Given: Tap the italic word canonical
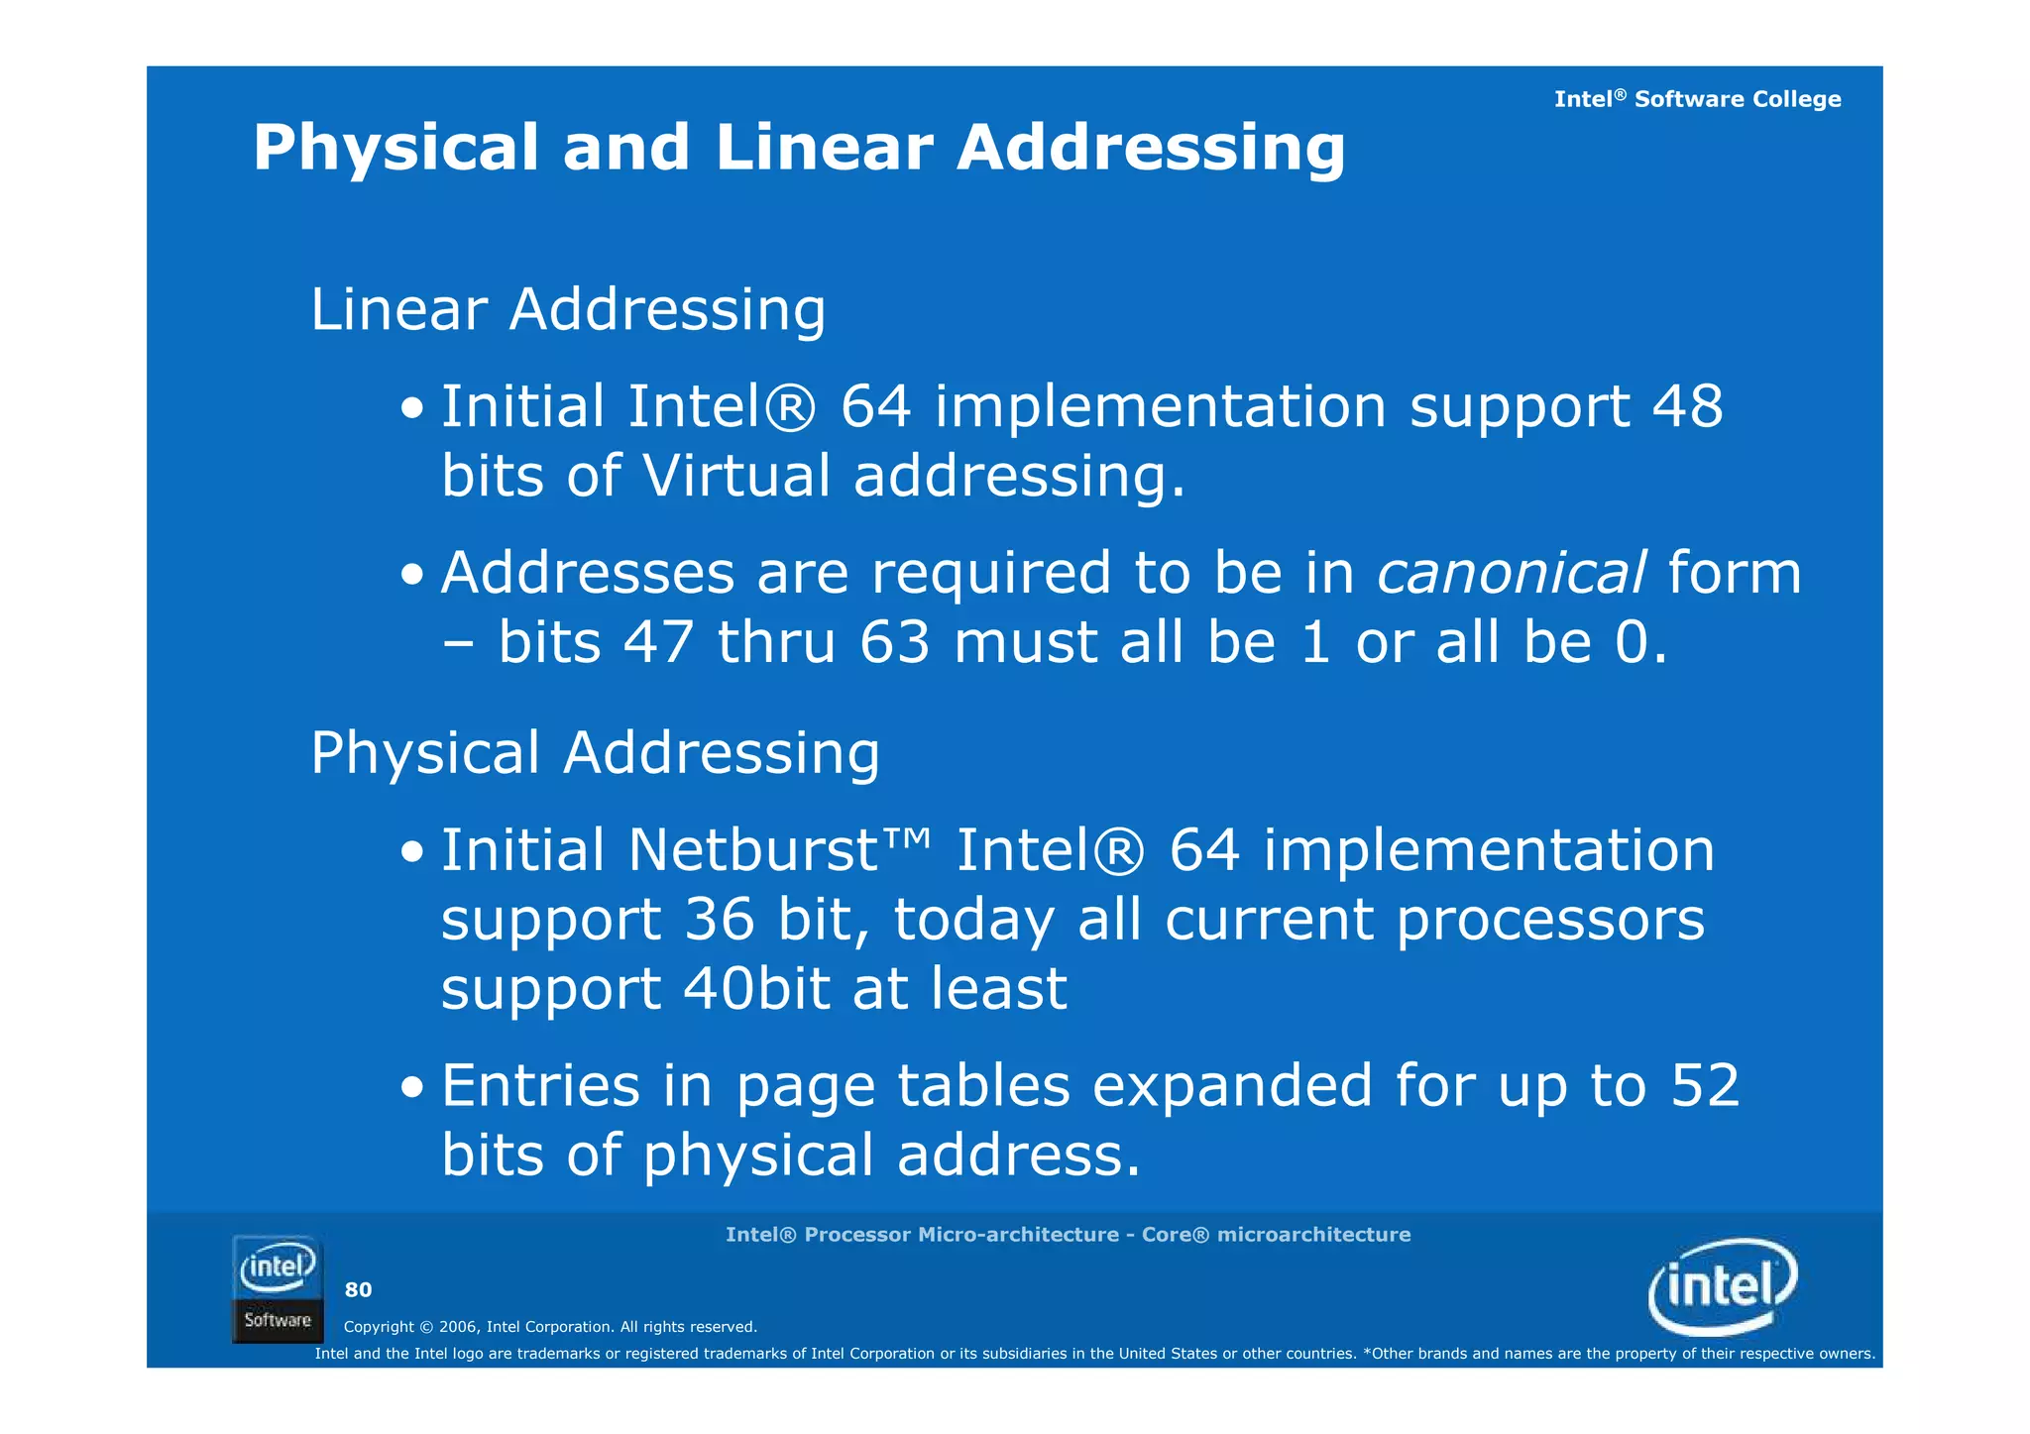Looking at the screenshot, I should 1512,574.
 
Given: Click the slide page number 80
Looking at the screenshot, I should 358,1289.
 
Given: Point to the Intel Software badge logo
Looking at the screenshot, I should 278,1289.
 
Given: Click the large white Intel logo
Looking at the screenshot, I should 1723,1286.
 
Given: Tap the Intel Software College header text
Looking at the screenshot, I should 1697,99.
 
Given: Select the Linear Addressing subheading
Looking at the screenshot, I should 568,309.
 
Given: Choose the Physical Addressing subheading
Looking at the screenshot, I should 595,753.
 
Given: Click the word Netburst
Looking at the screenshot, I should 753,850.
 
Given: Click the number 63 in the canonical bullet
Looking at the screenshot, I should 894,642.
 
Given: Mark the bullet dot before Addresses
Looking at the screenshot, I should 412,576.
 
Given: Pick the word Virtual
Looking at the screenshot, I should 736,476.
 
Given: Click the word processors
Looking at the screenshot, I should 1550,920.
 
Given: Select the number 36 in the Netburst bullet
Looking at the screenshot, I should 720,920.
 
